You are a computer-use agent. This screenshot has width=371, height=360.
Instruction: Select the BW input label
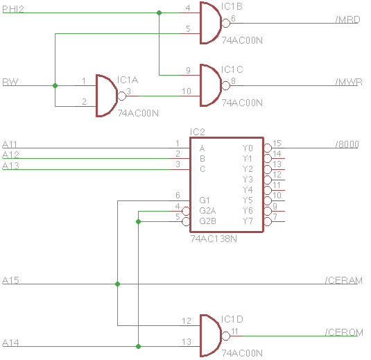pyautogui.click(x=10, y=82)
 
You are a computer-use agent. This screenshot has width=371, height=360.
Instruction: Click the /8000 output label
pyautogui.click(x=346, y=144)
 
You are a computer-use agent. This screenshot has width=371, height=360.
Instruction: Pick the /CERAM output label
pyautogui.click(x=344, y=280)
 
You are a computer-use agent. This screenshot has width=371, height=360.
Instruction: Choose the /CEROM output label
pyautogui.click(x=344, y=332)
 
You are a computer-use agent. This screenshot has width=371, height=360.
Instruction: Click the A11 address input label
pyautogui.click(x=10, y=144)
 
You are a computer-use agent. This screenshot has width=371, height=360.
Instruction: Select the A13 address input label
pyautogui.click(x=10, y=165)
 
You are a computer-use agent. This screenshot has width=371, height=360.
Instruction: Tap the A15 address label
pyautogui.click(x=10, y=280)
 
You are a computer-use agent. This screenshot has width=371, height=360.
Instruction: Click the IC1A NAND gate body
pyautogui.click(x=105, y=96)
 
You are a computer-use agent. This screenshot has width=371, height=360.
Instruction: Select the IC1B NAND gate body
pyautogui.click(x=209, y=23)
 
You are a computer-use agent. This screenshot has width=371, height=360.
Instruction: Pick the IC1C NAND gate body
pyautogui.click(x=209, y=85)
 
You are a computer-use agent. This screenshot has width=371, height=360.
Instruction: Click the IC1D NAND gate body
pyautogui.click(x=209, y=336)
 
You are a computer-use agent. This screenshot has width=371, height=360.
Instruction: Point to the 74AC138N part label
pyautogui.click(x=214, y=238)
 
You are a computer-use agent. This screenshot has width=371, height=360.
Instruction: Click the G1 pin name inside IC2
pyautogui.click(x=204, y=200)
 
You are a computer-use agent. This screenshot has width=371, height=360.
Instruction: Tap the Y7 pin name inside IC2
pyautogui.click(x=248, y=221)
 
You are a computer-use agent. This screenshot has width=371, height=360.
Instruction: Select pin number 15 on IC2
pyautogui.click(x=276, y=143)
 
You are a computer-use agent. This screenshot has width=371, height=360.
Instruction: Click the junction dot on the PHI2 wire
pyautogui.click(x=159, y=12)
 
